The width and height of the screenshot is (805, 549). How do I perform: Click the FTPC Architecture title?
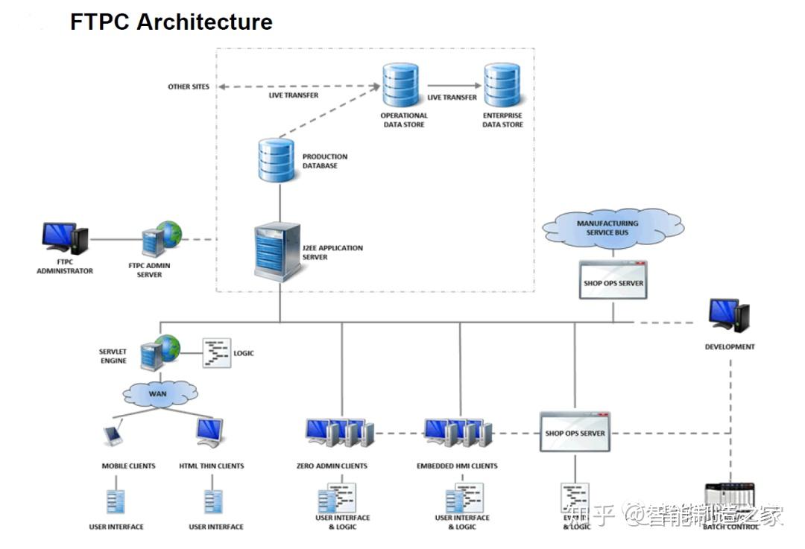click(x=171, y=22)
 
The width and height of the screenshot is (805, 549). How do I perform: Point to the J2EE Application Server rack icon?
click(x=277, y=251)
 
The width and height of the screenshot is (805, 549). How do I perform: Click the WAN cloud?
click(x=160, y=392)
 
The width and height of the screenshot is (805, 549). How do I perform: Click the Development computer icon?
click(x=729, y=316)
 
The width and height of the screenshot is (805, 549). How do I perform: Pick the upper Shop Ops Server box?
click(x=613, y=280)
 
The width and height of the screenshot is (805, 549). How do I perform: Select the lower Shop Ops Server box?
click(x=575, y=432)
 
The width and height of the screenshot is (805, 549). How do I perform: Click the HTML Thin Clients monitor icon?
click(x=209, y=431)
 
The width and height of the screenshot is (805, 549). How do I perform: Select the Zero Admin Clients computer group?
click(x=339, y=433)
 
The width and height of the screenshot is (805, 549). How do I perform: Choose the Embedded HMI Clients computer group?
click(x=458, y=433)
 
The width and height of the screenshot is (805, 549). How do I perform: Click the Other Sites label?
click(x=189, y=87)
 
